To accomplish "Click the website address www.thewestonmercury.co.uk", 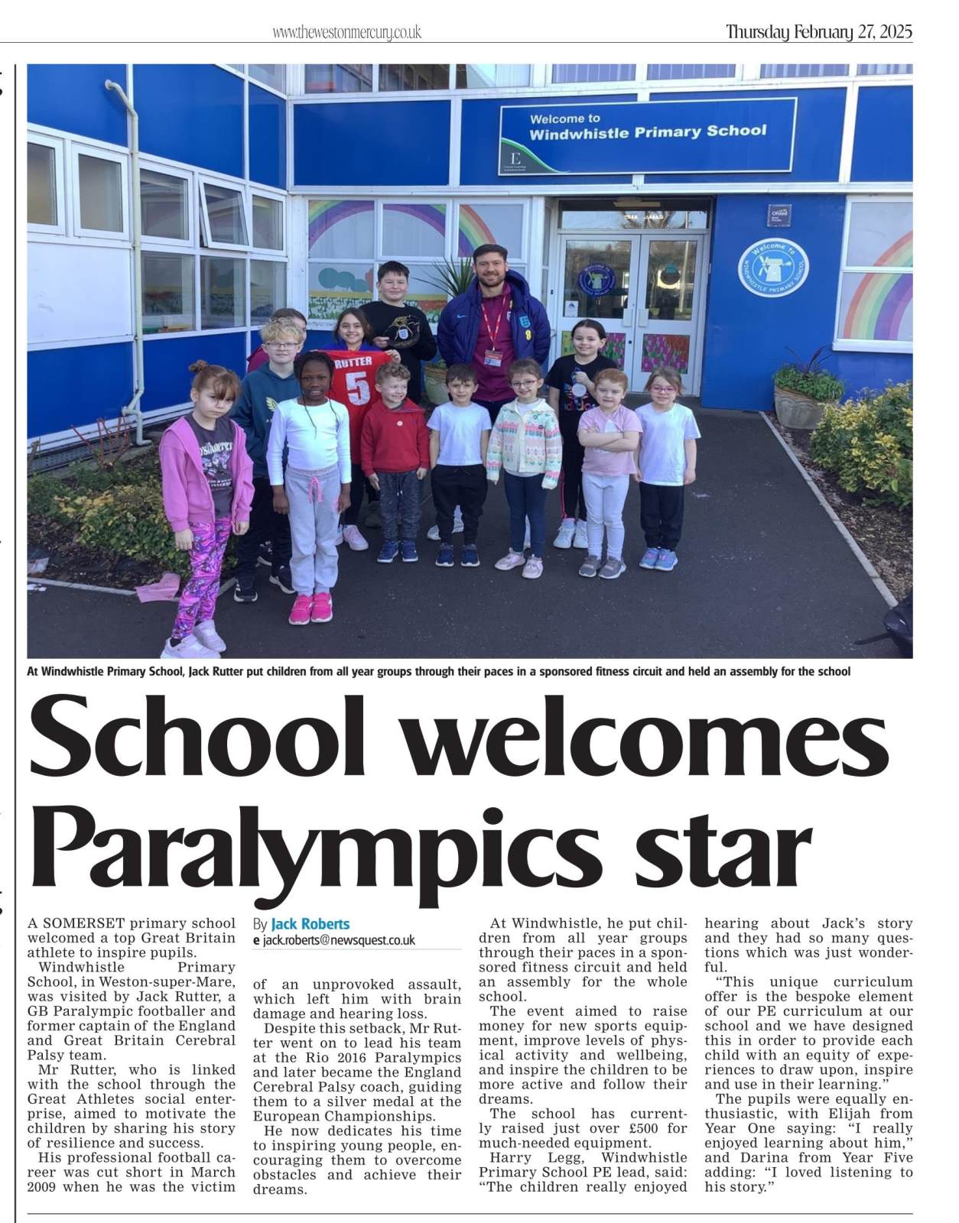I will click(x=346, y=32).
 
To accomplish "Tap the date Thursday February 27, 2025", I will click(x=818, y=32).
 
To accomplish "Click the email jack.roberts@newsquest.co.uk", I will click(x=338, y=940).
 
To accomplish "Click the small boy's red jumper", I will click(x=395, y=435).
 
